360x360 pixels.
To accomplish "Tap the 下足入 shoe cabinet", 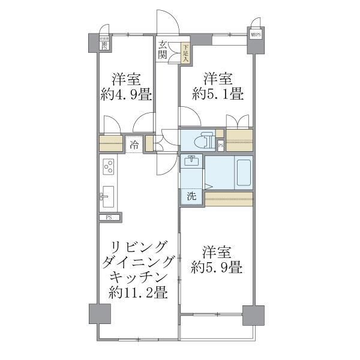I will tap(186, 54).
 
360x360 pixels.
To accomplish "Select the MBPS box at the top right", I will tap(256, 35).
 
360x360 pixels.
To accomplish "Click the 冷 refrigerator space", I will tap(134, 145).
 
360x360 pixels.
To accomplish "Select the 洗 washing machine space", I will tap(191, 196).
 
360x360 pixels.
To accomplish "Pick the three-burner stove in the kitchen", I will tap(109, 166).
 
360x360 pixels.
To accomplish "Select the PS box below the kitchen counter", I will tap(110, 217).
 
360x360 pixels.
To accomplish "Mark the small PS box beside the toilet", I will tap(220, 145).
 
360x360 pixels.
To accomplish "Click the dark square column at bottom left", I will tap(100, 314).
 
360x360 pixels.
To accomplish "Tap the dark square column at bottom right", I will tap(253, 315).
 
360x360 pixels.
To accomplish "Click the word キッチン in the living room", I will tap(138, 278).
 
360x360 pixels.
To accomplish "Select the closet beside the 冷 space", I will tap(111, 145).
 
